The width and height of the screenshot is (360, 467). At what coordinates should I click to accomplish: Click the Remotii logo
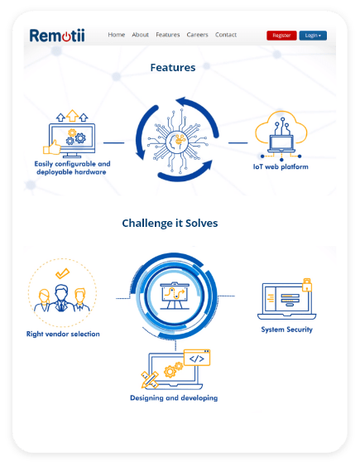click(x=57, y=36)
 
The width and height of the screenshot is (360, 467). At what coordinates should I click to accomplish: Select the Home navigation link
click(x=117, y=35)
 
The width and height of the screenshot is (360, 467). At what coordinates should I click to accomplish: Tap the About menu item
click(x=140, y=35)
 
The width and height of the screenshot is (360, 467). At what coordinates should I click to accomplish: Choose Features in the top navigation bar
click(x=168, y=35)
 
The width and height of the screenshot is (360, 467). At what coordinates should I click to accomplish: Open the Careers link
click(x=198, y=35)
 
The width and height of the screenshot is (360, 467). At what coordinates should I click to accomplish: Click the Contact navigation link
click(x=226, y=35)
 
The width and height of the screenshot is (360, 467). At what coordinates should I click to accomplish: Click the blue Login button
click(x=313, y=36)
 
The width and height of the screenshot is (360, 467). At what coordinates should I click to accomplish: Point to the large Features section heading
click(x=173, y=68)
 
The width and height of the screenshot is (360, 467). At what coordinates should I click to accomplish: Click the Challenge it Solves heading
click(x=170, y=223)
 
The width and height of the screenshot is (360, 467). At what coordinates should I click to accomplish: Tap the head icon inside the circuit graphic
click(x=176, y=142)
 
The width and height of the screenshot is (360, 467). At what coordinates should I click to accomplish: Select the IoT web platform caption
click(x=281, y=166)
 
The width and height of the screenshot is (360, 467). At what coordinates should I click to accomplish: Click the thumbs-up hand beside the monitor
click(x=52, y=147)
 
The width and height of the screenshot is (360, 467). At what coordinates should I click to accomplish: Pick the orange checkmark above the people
click(x=63, y=273)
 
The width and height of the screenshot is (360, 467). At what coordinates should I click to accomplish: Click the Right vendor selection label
click(x=63, y=334)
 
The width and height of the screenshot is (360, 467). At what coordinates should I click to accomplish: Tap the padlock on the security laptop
click(x=307, y=285)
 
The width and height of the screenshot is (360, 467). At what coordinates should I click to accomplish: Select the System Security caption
click(x=287, y=330)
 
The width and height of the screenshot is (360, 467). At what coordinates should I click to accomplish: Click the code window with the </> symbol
click(x=197, y=358)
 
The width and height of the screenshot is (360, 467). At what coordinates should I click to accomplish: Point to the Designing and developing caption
click(x=174, y=398)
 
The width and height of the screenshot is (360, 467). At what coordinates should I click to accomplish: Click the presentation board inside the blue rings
click(x=175, y=296)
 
